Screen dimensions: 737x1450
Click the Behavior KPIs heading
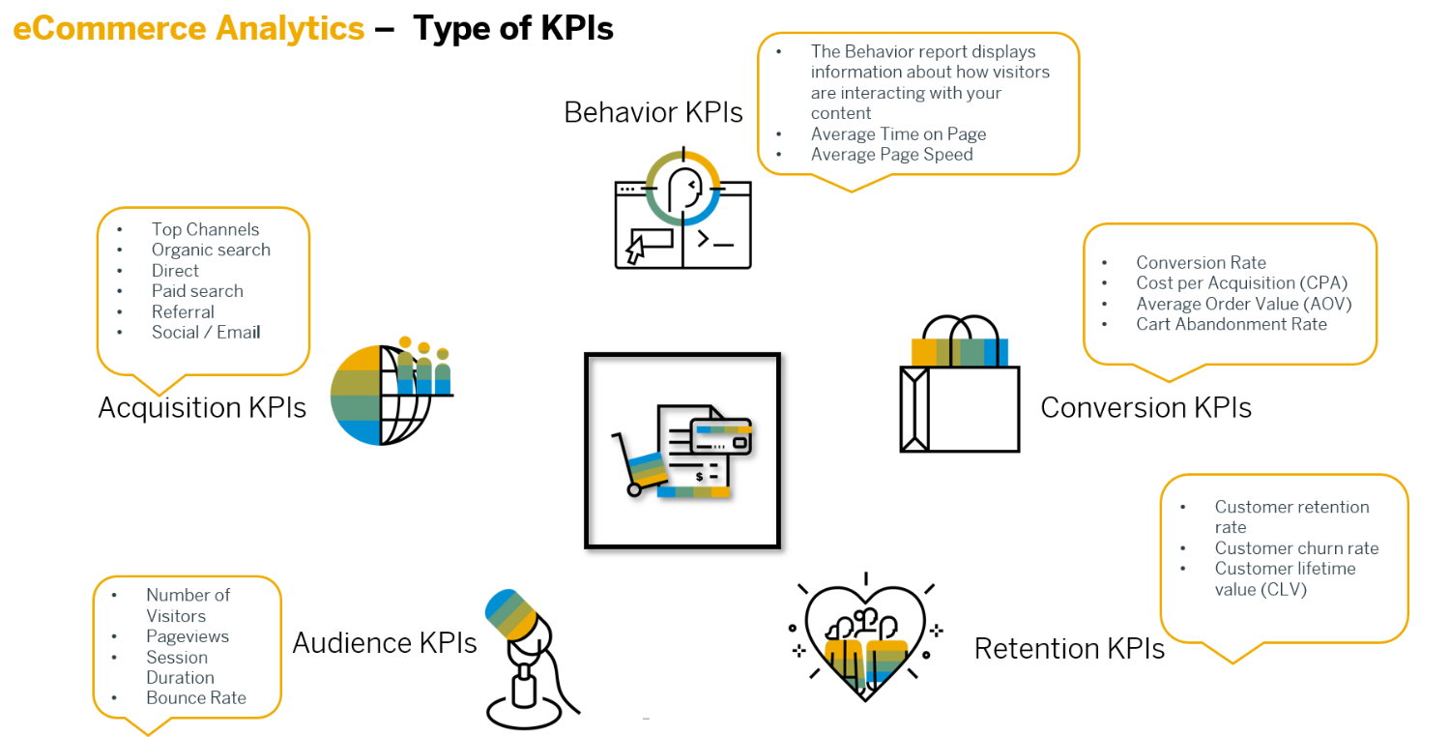pyautogui.click(x=653, y=112)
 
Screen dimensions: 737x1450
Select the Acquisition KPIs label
pyautogui.click(x=202, y=408)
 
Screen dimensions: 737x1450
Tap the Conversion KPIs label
pyautogui.click(x=1145, y=408)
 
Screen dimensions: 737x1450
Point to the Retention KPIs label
pyautogui.click(x=1069, y=649)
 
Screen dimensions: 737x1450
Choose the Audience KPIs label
pyautogui.click(x=385, y=643)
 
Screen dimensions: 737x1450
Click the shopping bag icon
pyautogui.click(x=960, y=387)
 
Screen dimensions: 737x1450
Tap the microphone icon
pyautogui.click(x=527, y=658)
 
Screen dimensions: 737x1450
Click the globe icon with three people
pyautogui.click(x=387, y=392)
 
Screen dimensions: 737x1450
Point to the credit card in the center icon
pyautogui.click(x=721, y=436)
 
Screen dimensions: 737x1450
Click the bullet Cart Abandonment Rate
pyautogui.click(x=1231, y=324)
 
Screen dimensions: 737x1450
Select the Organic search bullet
pyautogui.click(x=211, y=250)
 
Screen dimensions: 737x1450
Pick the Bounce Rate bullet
pyautogui.click(x=196, y=698)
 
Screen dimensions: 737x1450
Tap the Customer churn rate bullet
pyautogui.click(x=1296, y=548)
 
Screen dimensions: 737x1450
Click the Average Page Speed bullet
pyautogui.click(x=891, y=155)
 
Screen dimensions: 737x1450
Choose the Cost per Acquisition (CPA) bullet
pyautogui.click(x=1241, y=283)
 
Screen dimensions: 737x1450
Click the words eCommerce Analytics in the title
pyautogui.click(x=188, y=29)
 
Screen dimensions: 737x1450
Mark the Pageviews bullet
pyautogui.click(x=188, y=636)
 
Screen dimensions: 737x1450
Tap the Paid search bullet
pyautogui.click(x=197, y=291)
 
